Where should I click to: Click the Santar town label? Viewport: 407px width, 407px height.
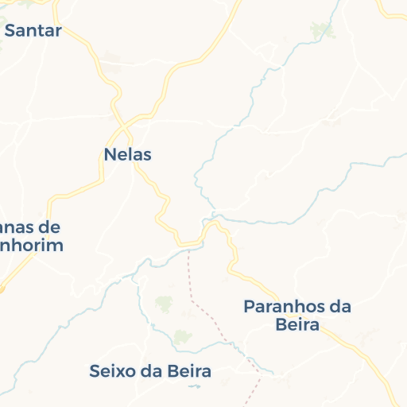pos(33,31)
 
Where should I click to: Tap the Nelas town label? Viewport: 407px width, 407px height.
pos(128,154)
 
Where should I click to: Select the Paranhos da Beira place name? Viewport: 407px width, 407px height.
pos(297,316)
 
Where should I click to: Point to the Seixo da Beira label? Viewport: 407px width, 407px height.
pos(150,371)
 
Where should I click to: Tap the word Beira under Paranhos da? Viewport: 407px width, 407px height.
pos(297,325)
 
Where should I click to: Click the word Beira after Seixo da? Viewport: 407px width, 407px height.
pos(188,371)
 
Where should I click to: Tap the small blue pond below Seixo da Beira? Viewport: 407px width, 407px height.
pos(195,386)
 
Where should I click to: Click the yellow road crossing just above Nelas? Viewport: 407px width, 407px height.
pos(124,125)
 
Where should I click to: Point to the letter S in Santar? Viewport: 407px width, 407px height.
pos(11,31)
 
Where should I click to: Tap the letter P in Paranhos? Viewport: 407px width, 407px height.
pos(249,307)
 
